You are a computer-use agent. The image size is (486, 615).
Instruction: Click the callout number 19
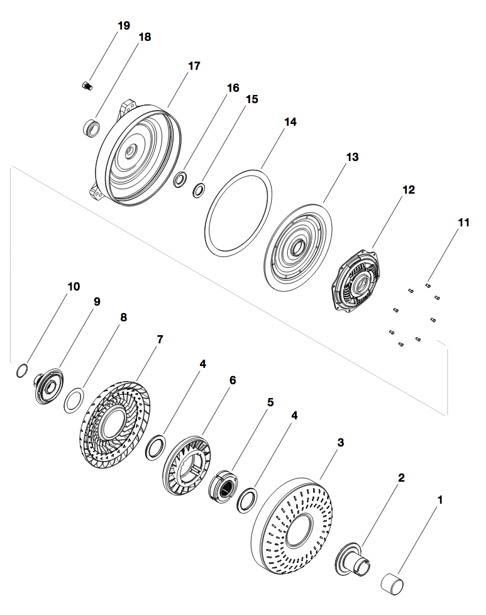coord(124,25)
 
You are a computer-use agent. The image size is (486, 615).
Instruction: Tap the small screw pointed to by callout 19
coord(87,85)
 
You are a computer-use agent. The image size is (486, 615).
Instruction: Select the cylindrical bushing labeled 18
coord(92,126)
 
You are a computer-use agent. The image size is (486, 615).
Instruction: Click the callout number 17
coord(194,65)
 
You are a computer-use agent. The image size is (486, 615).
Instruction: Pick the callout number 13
coord(353,157)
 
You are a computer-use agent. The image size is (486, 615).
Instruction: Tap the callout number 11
coord(463,222)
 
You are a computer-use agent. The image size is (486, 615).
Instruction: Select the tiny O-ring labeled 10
coord(21,371)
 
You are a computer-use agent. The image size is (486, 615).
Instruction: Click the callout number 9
coord(97,302)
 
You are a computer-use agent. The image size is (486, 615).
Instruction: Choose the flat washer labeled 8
coord(74,401)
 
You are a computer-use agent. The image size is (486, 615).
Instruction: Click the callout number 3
coord(340,442)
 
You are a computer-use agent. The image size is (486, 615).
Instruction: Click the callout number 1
coord(440,500)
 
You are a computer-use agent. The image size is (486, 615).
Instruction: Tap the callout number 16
coord(233,87)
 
